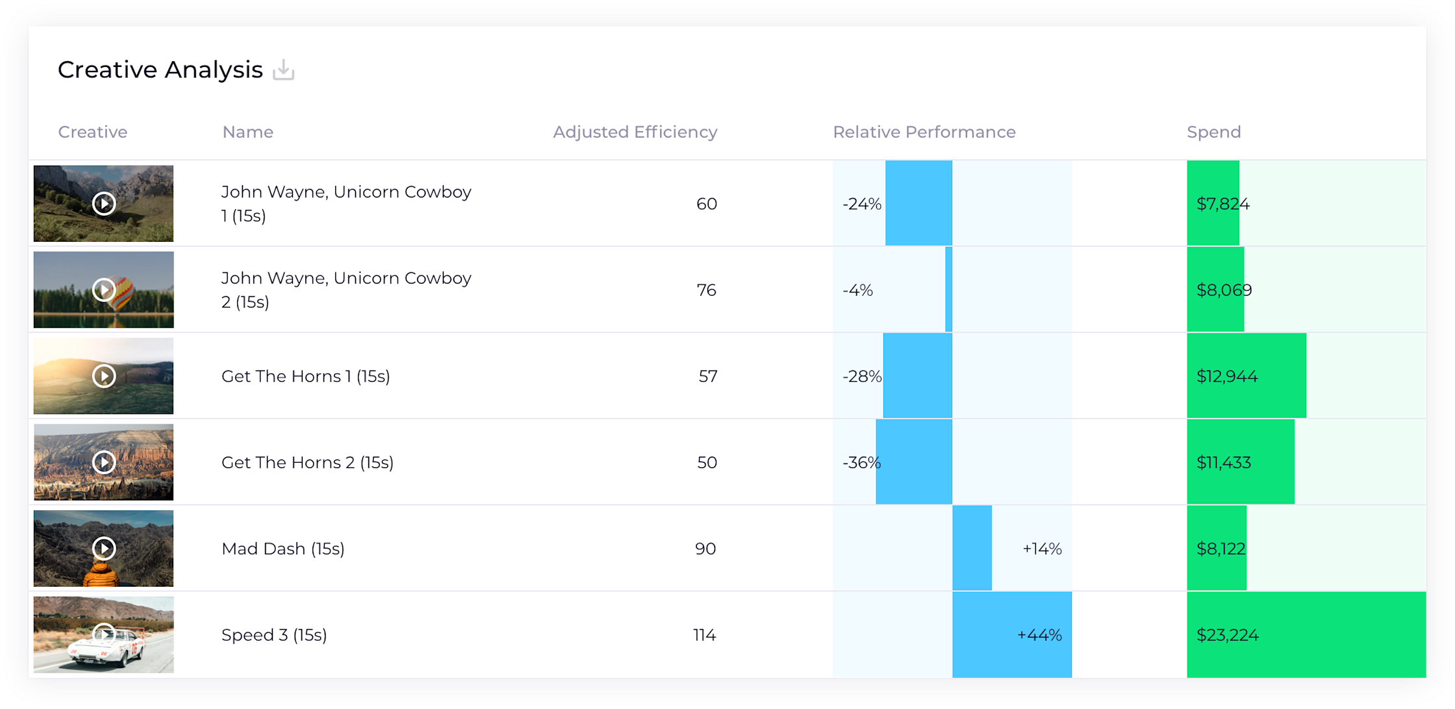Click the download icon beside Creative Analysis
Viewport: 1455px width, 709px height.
[283, 70]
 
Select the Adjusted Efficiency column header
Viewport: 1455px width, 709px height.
[635, 132]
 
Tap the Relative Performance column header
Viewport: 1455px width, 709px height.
[924, 132]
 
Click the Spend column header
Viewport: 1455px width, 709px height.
[1213, 132]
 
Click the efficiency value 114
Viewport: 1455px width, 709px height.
[704, 635]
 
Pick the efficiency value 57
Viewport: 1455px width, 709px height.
[707, 376]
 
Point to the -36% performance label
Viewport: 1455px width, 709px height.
[861, 463]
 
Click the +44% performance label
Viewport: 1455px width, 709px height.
[1039, 635]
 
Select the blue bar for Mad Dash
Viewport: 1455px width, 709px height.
[972, 548]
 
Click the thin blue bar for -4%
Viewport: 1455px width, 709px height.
[949, 290]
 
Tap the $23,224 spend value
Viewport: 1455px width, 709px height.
[1227, 635]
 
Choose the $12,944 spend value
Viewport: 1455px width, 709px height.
[1226, 376]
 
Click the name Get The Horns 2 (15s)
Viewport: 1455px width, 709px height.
[307, 463]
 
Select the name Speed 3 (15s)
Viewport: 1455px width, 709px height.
[273, 635]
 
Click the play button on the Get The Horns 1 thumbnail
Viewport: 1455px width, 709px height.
[104, 376]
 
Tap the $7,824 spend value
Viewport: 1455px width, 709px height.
[1222, 204]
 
